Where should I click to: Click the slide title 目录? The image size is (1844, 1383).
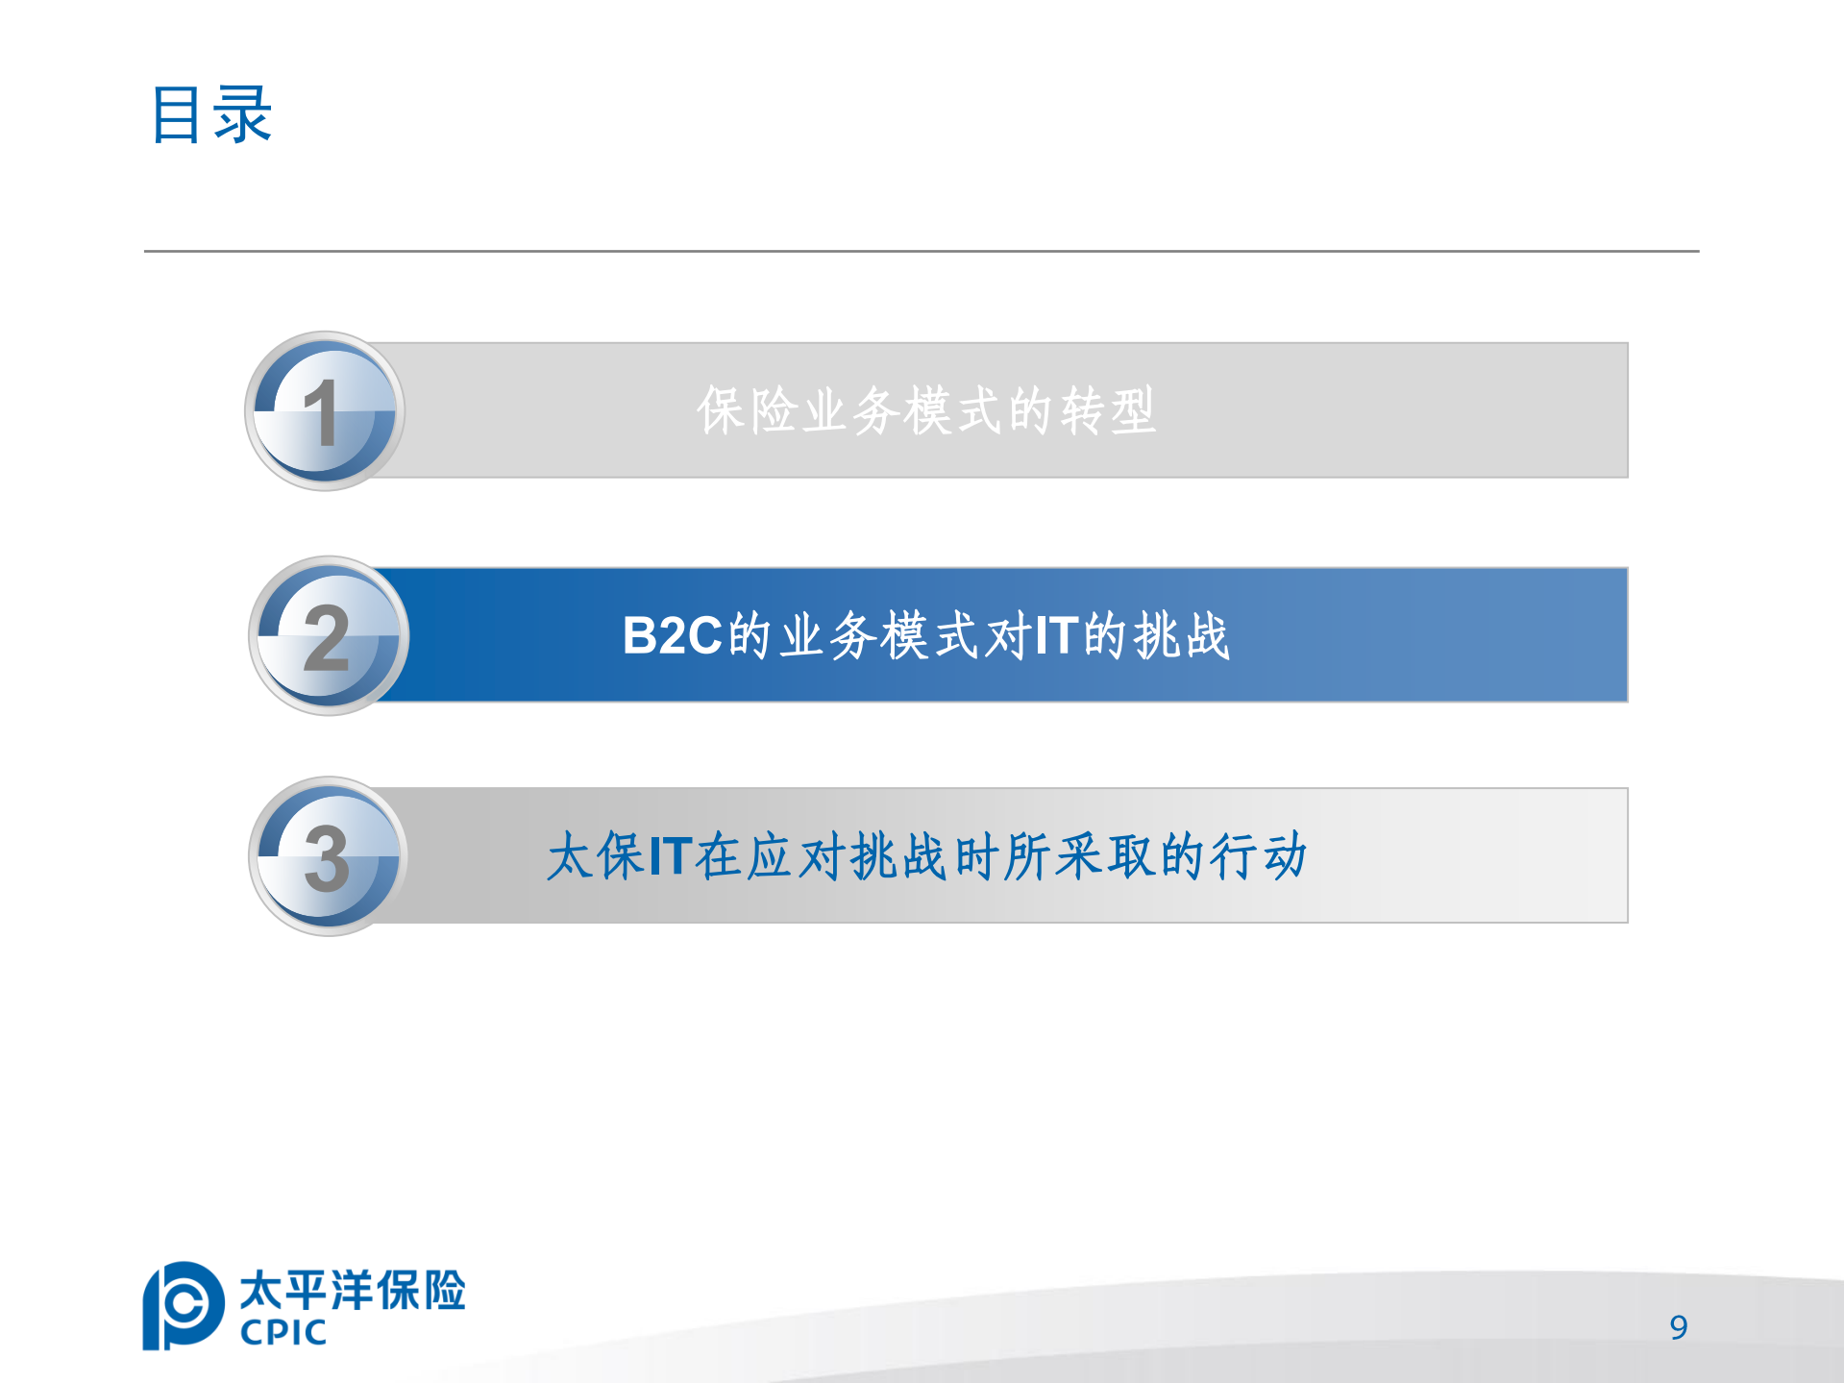(211, 115)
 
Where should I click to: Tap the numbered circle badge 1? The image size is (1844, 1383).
(325, 411)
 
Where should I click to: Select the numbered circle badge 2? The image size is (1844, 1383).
(328, 635)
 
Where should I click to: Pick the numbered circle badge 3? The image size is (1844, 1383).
(328, 856)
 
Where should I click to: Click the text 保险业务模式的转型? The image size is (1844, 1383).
(925, 410)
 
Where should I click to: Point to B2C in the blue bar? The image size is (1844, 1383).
(672, 635)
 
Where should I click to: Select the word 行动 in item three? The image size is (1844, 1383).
(1259, 855)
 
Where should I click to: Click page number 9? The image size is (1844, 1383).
(1678, 1327)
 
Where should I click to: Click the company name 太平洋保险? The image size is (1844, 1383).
(353, 1290)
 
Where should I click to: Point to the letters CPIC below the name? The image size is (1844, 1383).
(283, 1333)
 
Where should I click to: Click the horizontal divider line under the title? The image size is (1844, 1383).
(921, 251)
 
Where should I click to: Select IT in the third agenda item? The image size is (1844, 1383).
(671, 855)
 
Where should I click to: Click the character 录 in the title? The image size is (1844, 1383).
(243, 115)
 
